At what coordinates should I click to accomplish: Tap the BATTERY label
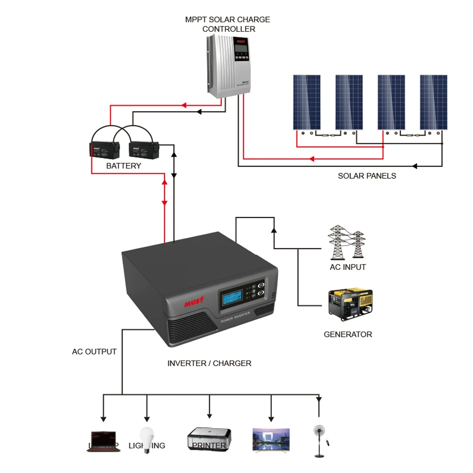point(123,166)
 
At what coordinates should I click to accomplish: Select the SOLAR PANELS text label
point(367,176)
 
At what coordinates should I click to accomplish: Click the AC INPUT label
point(348,267)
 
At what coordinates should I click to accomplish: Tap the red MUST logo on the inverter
point(194,301)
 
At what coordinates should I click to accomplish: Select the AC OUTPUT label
point(94,352)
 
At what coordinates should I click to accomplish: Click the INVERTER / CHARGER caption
point(209,363)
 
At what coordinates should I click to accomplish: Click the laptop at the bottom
point(103,441)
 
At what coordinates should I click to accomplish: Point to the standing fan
point(319,440)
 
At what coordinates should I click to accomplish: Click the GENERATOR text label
point(348,334)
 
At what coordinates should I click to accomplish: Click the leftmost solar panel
point(307,102)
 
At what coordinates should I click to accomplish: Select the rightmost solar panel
point(434,102)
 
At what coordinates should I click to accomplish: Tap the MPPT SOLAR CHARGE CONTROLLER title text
point(228,24)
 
